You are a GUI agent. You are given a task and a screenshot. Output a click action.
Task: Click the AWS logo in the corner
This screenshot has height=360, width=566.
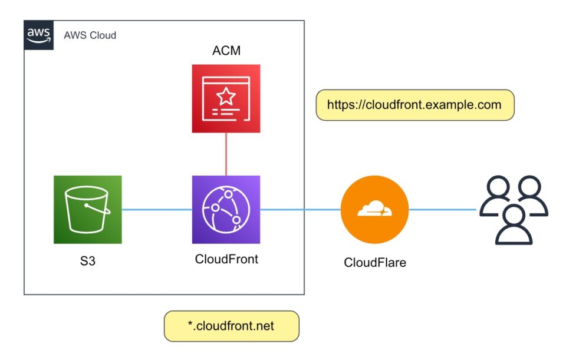tap(39, 35)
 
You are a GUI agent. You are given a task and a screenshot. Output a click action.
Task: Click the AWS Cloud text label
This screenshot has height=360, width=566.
tap(90, 35)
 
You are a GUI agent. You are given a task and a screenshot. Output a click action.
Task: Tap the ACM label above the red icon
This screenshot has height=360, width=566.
tap(226, 51)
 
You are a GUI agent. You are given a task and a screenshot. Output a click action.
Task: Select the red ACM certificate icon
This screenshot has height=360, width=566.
tap(226, 98)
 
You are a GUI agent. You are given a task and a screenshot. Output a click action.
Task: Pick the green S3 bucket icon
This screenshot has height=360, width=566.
tap(87, 209)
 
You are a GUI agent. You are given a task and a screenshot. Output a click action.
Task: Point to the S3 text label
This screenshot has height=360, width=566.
tap(87, 260)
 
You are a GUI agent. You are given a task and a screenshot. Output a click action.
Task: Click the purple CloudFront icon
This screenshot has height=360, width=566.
tap(226, 209)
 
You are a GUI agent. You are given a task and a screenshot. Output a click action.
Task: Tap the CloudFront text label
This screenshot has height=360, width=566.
tap(226, 259)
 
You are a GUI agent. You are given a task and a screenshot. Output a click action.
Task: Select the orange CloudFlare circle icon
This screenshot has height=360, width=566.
tap(374, 209)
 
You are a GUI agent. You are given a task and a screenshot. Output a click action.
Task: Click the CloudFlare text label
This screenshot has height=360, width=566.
tap(375, 262)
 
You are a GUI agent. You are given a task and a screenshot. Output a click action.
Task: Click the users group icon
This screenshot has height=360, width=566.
tap(514, 209)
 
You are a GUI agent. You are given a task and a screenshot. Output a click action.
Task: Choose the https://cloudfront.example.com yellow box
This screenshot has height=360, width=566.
tap(414, 105)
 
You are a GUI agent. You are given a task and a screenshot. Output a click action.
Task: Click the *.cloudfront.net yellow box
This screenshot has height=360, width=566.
tap(231, 326)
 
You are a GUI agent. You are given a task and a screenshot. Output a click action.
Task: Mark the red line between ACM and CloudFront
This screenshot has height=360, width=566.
tap(226, 154)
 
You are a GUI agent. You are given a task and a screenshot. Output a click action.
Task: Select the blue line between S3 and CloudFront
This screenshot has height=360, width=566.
tap(157, 209)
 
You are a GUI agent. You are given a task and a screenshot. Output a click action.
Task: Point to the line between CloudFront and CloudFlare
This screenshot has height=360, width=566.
tap(300, 209)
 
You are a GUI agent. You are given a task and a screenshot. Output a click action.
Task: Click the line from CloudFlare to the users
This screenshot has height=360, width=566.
tap(442, 209)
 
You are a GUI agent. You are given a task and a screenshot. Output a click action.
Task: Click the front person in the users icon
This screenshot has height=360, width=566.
tap(514, 223)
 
